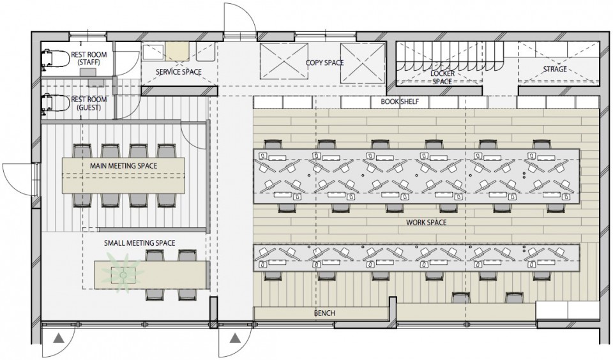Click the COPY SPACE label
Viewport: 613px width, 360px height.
tap(324, 63)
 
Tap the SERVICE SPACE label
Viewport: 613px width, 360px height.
tap(179, 72)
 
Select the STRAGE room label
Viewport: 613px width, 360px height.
tap(555, 69)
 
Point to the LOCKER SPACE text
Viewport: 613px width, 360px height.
tap(442, 77)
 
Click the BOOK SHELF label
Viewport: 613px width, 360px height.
tap(400, 101)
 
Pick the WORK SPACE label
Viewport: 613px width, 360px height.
tap(426, 222)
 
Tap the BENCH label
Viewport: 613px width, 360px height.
tap(324, 313)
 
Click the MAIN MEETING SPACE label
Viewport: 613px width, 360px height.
tap(123, 166)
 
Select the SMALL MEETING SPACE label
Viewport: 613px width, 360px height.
tap(140, 243)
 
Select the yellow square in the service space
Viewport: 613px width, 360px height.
tap(177, 51)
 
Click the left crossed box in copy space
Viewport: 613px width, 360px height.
tap(284, 63)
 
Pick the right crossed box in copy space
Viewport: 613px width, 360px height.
tap(363, 63)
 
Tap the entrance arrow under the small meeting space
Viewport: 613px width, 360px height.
tap(58, 337)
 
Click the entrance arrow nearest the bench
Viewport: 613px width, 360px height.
tap(234, 337)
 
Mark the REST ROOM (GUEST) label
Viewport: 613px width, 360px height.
tap(89, 103)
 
